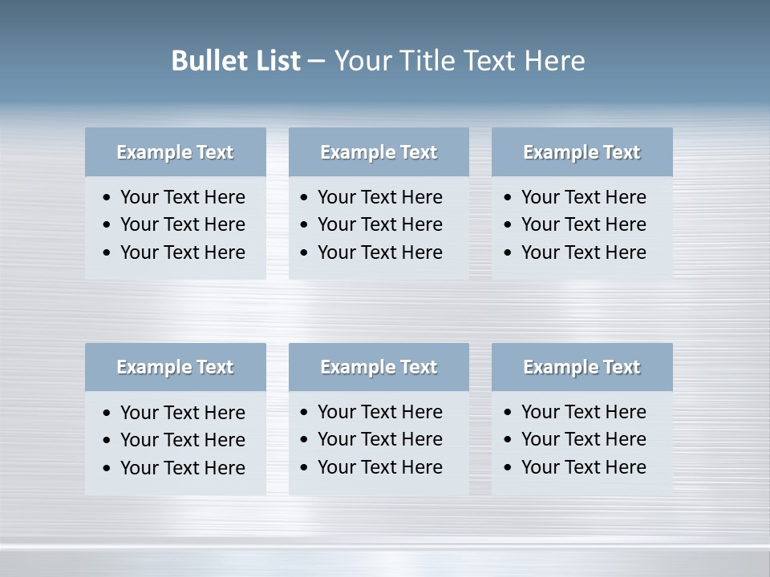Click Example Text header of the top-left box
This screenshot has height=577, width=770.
pyautogui.click(x=175, y=152)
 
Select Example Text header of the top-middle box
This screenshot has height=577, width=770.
pyautogui.click(x=379, y=152)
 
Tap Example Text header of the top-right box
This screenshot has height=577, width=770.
pyautogui.click(x=582, y=152)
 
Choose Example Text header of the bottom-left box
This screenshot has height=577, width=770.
pyautogui.click(x=175, y=367)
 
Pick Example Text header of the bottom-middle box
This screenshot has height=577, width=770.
pyautogui.click(x=379, y=367)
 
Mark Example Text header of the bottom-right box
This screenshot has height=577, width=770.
pyautogui.click(x=582, y=367)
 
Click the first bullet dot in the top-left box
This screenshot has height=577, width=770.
pyautogui.click(x=107, y=198)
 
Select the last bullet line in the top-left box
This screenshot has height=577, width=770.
pyautogui.click(x=182, y=252)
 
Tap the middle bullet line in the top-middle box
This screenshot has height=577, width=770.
pyautogui.click(x=379, y=224)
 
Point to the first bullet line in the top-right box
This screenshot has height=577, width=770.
pyautogui.click(x=583, y=197)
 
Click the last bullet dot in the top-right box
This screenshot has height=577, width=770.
pyautogui.click(x=508, y=253)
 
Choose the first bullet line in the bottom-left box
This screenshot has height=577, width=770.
pyautogui.click(x=182, y=413)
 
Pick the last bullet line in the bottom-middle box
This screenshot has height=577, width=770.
pyautogui.click(x=379, y=467)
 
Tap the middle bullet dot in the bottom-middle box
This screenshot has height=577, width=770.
pyautogui.click(x=304, y=440)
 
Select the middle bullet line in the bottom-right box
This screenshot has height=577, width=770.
pyautogui.click(x=583, y=439)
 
